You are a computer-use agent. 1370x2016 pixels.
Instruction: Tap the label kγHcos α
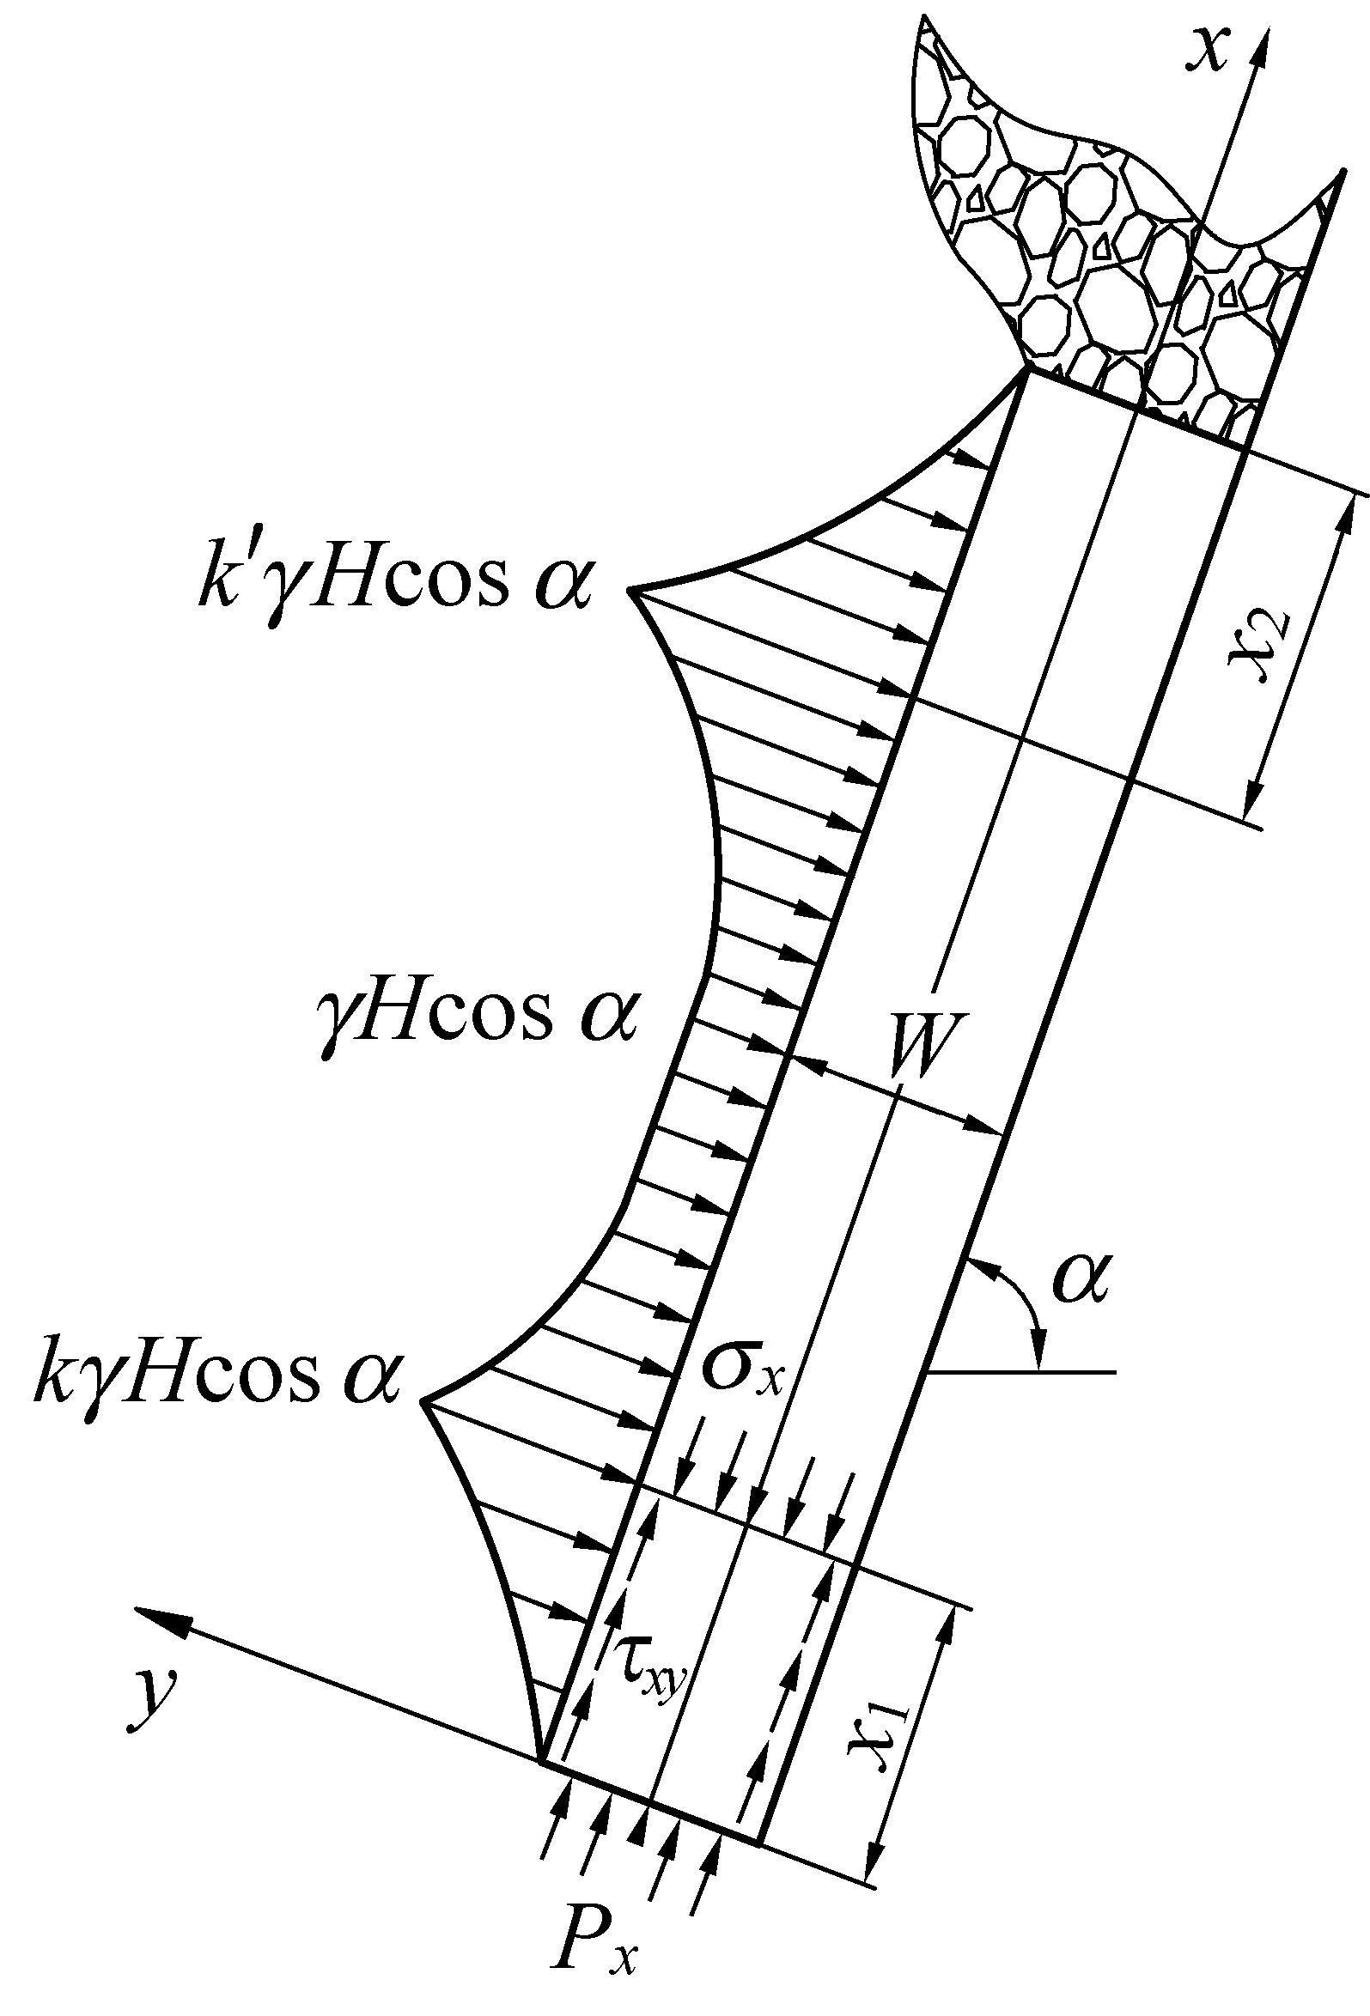217,1376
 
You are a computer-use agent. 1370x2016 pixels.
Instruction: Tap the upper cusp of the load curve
630,591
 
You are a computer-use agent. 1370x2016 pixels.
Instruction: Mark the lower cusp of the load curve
423,1400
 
